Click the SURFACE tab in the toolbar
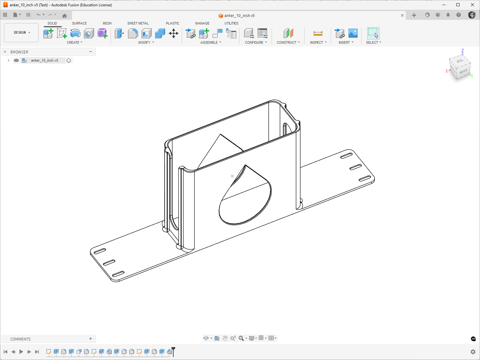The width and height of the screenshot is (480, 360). tap(79, 23)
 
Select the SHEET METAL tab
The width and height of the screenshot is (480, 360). tap(138, 23)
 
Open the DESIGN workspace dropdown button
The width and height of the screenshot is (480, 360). tap(21, 33)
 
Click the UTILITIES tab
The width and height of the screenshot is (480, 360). tap(232, 23)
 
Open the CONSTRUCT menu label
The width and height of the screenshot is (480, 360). tap(287, 42)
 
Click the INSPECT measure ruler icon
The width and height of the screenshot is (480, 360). tap(318, 33)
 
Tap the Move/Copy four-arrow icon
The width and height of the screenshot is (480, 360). tap(174, 33)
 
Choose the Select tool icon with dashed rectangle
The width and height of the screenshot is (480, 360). tap(373, 33)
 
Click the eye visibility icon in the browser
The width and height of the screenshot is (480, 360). tap(16, 60)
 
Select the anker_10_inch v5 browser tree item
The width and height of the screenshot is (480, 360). tap(45, 60)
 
